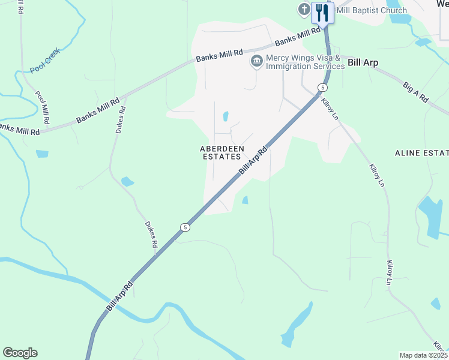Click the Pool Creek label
click(45, 64)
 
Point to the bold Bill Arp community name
click(363, 62)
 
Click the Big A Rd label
click(415, 92)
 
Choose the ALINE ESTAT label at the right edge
click(421, 153)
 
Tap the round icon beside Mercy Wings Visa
click(257, 61)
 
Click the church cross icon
click(304, 10)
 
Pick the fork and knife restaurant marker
click(323, 11)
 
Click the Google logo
click(20, 353)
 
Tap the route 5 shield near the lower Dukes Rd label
click(185, 227)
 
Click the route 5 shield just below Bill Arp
click(323, 88)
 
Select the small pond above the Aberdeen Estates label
click(226, 116)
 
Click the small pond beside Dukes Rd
click(127, 181)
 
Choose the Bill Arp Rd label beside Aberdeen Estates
click(252, 161)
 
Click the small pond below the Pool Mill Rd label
click(41, 154)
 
